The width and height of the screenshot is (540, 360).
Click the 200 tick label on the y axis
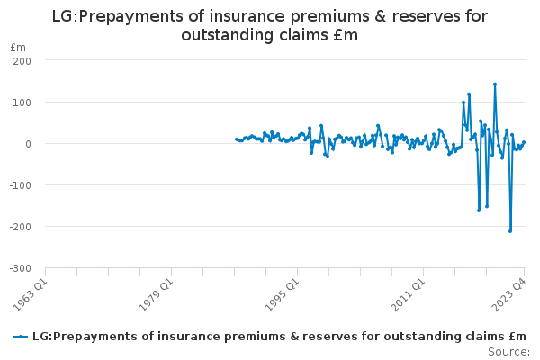(x=22, y=61)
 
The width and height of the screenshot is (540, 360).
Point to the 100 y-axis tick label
(x=22, y=103)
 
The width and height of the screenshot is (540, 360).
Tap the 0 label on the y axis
(x=28, y=144)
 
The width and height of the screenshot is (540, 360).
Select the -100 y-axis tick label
(x=20, y=185)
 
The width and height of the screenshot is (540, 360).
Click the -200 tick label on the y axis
(x=20, y=227)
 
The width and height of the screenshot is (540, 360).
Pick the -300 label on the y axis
(x=20, y=268)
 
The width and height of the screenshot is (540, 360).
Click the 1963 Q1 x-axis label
(x=30, y=295)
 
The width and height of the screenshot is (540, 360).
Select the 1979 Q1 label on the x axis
(x=156, y=295)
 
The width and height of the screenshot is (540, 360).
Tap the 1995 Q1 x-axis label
(x=283, y=295)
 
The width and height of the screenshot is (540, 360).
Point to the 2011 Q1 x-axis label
(x=409, y=295)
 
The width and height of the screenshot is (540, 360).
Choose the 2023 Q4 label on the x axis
(x=509, y=295)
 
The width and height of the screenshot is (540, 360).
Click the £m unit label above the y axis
(x=18, y=48)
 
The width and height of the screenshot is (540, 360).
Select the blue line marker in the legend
(x=21, y=337)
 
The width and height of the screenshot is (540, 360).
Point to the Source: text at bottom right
(x=508, y=352)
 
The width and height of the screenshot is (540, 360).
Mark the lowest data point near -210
(x=510, y=231)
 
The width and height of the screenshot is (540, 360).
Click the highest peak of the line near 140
(x=495, y=84)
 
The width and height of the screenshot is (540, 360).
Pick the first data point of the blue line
(x=236, y=139)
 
